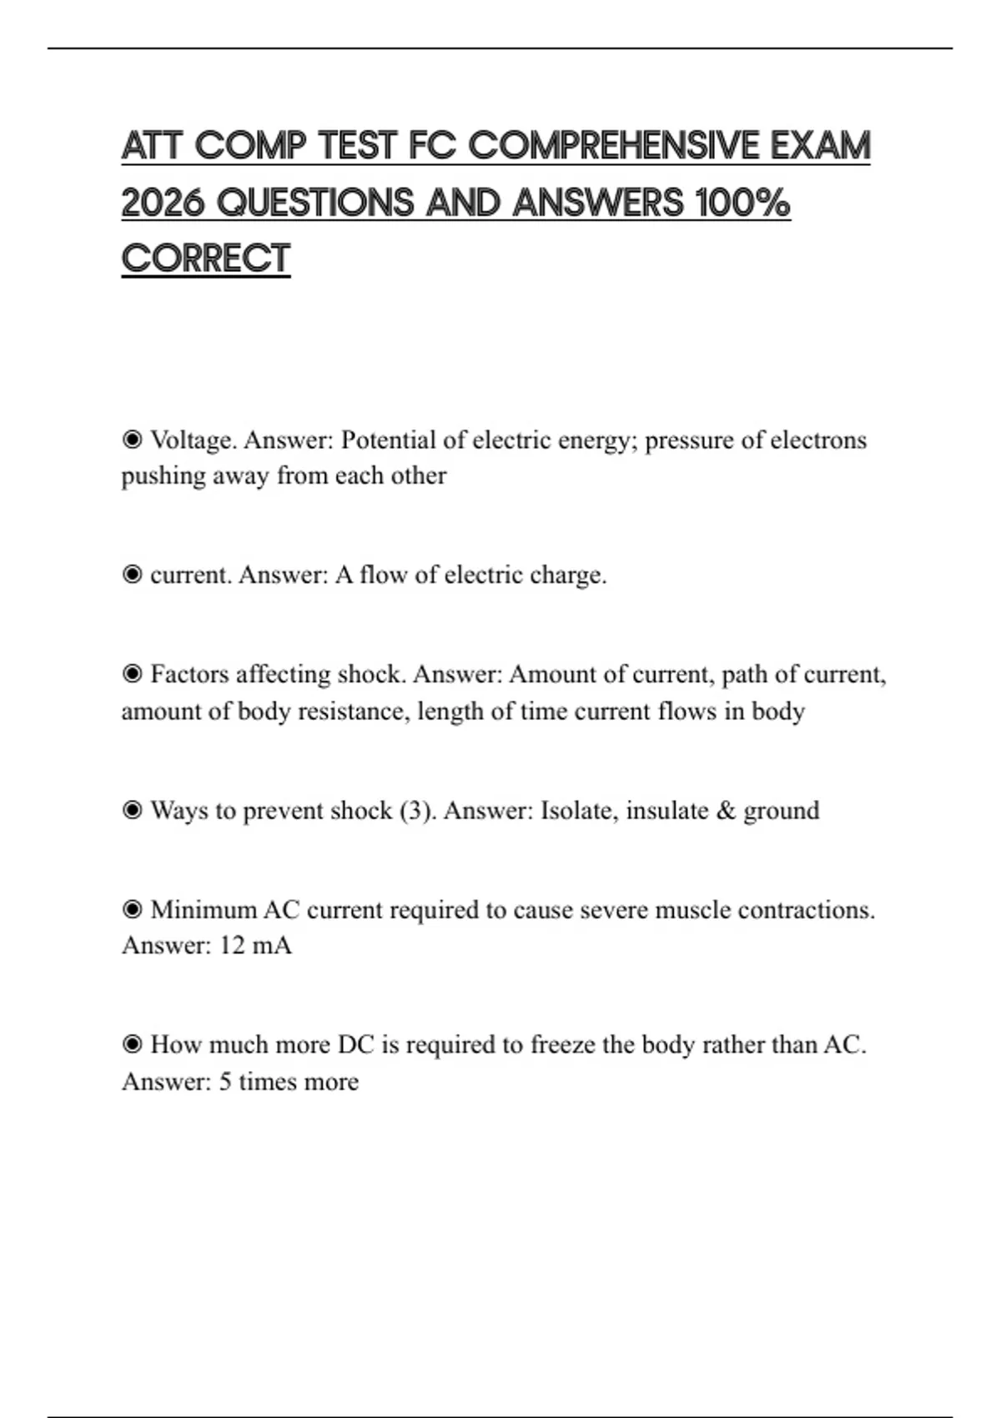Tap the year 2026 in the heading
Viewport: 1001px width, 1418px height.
pyautogui.click(x=163, y=203)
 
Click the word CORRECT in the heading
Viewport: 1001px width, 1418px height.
pyautogui.click(x=206, y=259)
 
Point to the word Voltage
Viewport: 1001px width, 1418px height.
pyautogui.click(x=193, y=440)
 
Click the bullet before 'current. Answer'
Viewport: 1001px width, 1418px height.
pyautogui.click(x=132, y=575)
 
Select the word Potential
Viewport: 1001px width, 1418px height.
pyautogui.click(x=389, y=440)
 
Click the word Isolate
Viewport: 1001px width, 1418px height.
pyautogui.click(x=579, y=811)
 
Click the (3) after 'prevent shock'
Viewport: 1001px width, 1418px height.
pyautogui.click(x=417, y=811)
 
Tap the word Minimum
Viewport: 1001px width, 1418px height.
pyautogui.click(x=204, y=909)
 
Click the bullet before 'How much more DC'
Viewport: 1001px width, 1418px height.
pyautogui.click(x=132, y=1044)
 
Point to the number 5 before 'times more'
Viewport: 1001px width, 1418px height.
pyautogui.click(x=225, y=1082)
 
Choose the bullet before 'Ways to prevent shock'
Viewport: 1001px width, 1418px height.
pyautogui.click(x=132, y=811)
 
